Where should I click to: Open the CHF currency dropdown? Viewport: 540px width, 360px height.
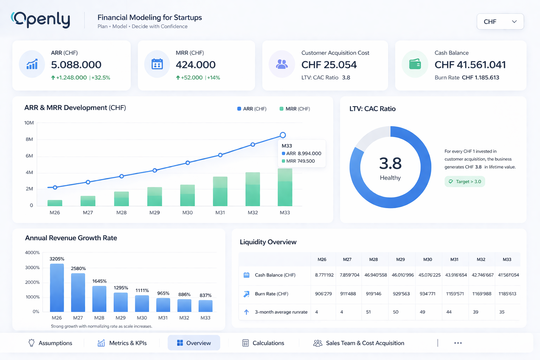pos(500,22)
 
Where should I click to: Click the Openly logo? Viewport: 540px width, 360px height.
pos(41,20)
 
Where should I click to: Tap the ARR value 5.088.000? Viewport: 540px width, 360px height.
pos(76,65)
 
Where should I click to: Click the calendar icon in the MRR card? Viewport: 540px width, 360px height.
pos(157,64)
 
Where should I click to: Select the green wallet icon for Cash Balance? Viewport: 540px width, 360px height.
pos(415,64)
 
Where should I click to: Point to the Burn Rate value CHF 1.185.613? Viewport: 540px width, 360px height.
pos(480,78)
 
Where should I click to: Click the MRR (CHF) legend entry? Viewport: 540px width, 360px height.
pos(295,109)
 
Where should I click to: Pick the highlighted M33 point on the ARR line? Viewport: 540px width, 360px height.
pos(283,135)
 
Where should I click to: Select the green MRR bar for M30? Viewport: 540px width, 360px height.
pos(187,195)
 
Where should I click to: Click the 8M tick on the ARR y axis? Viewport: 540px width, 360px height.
pos(29,139)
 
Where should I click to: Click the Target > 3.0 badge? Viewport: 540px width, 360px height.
pos(465,182)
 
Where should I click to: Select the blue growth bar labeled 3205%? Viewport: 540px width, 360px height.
pos(57,288)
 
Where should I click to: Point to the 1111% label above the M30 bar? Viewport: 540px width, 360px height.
pos(142,290)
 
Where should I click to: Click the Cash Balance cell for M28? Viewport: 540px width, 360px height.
pos(375,275)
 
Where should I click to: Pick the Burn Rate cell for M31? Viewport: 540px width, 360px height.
pos(455,294)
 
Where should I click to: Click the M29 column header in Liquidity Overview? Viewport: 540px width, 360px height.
pos(400,259)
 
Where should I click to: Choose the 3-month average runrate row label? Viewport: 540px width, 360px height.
pos(281,312)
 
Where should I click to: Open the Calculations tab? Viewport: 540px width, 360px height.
pos(263,343)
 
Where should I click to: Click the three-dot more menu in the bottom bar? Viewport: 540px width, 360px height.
pos(458,343)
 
